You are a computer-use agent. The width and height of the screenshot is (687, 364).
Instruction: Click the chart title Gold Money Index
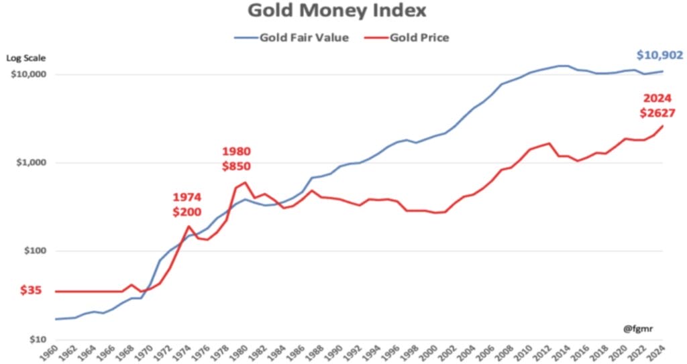pos(337,11)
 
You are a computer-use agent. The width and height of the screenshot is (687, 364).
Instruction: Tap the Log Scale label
pos(25,58)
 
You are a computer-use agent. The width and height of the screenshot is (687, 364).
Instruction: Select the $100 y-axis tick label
pos(33,251)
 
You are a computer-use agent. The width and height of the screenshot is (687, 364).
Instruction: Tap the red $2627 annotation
pos(657,113)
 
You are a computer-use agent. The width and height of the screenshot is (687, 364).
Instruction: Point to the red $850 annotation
pos(236,166)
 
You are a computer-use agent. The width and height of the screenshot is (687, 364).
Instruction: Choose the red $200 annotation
pos(187,212)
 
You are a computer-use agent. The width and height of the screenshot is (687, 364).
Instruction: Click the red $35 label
pos(32,291)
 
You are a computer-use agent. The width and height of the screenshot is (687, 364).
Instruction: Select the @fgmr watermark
pos(638,328)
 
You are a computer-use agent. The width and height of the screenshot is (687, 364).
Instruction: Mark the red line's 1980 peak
pos(246,182)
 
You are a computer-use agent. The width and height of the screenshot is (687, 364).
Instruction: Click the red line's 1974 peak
pos(189,227)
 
